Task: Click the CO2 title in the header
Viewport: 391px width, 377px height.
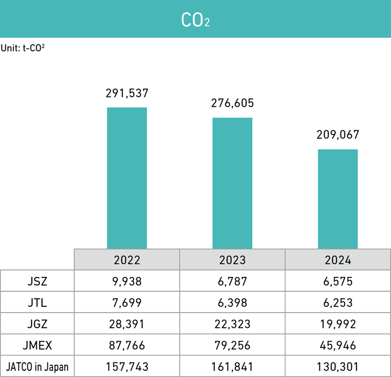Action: pos(195,19)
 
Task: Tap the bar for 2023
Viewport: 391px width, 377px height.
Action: pos(232,183)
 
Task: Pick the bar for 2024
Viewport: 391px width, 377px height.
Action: pos(338,199)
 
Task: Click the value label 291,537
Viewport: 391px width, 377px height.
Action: pos(127,93)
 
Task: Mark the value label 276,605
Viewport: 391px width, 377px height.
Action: pos(232,103)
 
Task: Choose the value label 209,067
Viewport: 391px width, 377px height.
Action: pos(338,135)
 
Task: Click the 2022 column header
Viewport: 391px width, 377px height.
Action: pos(127,260)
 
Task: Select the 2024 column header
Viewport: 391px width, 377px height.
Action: pos(338,260)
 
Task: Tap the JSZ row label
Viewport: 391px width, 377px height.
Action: pos(37,281)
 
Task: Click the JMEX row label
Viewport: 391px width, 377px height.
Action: pos(37,346)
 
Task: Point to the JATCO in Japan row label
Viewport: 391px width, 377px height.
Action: pos(37,367)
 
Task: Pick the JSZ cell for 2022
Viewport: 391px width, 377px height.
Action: pos(127,281)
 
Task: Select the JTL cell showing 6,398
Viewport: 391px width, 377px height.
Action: pos(232,303)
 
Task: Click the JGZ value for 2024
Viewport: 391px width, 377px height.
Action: pos(338,324)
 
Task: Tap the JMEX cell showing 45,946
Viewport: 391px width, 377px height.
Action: pos(338,346)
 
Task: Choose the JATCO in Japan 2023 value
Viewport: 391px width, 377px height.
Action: pos(232,367)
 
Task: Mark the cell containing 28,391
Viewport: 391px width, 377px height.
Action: pos(127,324)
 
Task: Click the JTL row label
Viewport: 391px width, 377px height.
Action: pos(37,303)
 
